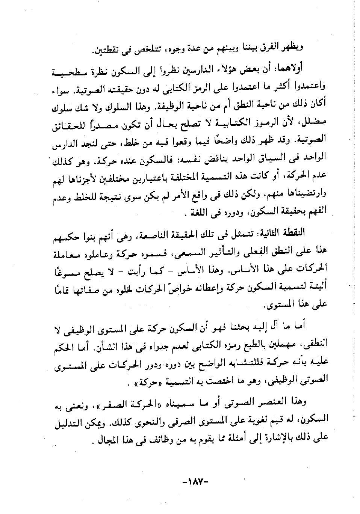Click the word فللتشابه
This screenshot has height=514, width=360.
(240, 361)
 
